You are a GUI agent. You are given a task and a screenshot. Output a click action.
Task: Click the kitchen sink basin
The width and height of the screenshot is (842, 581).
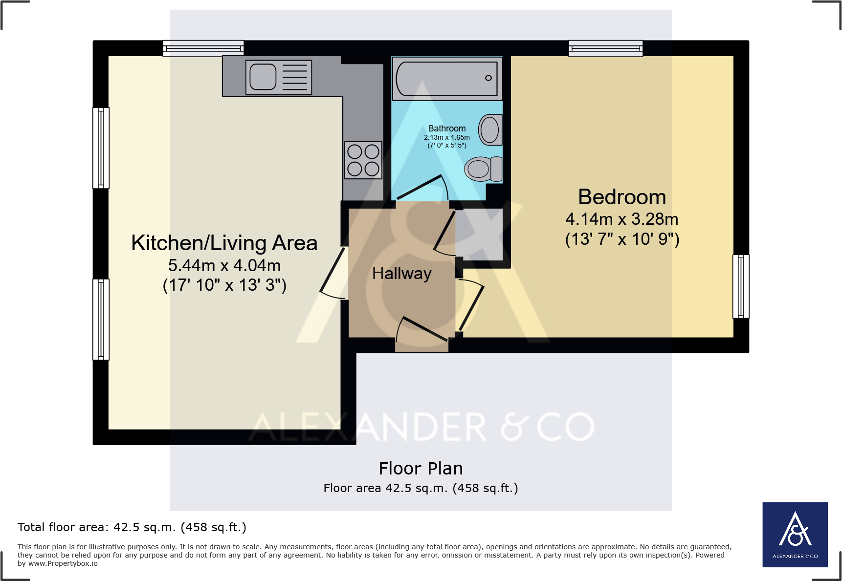[x=263, y=77]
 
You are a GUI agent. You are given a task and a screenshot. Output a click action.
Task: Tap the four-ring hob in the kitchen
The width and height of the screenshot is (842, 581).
[x=363, y=160]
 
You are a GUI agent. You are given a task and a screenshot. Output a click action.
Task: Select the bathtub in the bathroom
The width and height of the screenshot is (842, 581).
[x=447, y=78]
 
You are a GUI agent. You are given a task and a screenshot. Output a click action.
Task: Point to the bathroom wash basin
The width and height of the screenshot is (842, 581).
[x=490, y=130]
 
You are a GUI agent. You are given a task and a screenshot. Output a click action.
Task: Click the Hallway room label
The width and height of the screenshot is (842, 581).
[x=401, y=273]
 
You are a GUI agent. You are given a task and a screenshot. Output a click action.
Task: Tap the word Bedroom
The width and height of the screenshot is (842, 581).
[x=621, y=197]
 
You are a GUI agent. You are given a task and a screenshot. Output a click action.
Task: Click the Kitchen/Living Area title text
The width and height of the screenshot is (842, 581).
[x=224, y=243]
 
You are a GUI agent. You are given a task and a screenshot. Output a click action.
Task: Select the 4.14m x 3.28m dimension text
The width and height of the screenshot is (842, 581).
[x=621, y=219]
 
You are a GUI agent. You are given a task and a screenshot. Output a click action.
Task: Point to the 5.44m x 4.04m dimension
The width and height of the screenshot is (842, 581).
[x=224, y=265]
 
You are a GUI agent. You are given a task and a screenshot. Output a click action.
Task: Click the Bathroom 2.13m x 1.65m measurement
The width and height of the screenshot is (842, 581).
[x=446, y=137]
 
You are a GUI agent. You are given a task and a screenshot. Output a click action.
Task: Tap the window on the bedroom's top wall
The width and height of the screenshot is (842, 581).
[x=605, y=48]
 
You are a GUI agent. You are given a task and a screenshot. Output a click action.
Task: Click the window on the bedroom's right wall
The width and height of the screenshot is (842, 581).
[x=740, y=286]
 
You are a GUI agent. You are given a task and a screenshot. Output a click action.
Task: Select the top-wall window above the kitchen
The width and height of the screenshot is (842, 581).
[x=203, y=48]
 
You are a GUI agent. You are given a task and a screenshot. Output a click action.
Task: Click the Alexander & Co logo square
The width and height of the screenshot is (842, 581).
[x=795, y=534]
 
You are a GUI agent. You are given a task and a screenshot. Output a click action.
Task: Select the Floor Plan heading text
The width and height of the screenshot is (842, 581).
[x=421, y=468]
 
